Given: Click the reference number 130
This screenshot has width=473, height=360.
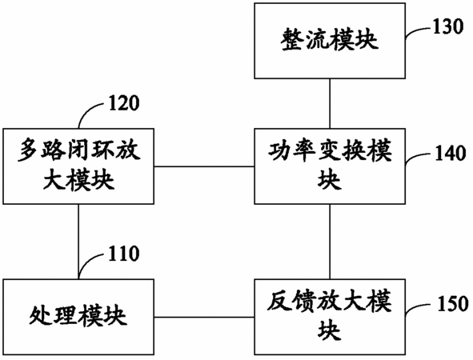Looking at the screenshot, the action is coord(448,26).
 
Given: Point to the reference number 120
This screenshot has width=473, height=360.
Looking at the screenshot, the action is coord(124,103).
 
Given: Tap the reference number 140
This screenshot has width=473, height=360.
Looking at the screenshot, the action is coord(450,153).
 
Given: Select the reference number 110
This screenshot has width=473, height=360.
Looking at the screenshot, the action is coord(124,254).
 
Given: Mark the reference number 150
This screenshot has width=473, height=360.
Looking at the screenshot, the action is coord(453,304).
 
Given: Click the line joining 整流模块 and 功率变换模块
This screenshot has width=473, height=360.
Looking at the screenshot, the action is coord(330,104).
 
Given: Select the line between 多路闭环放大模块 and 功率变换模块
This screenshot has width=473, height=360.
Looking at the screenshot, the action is coord(204,166).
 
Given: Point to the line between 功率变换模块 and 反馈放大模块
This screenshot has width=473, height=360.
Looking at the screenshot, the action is coord(330,242).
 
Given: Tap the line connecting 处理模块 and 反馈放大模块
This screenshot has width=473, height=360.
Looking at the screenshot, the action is coord(204,317).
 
